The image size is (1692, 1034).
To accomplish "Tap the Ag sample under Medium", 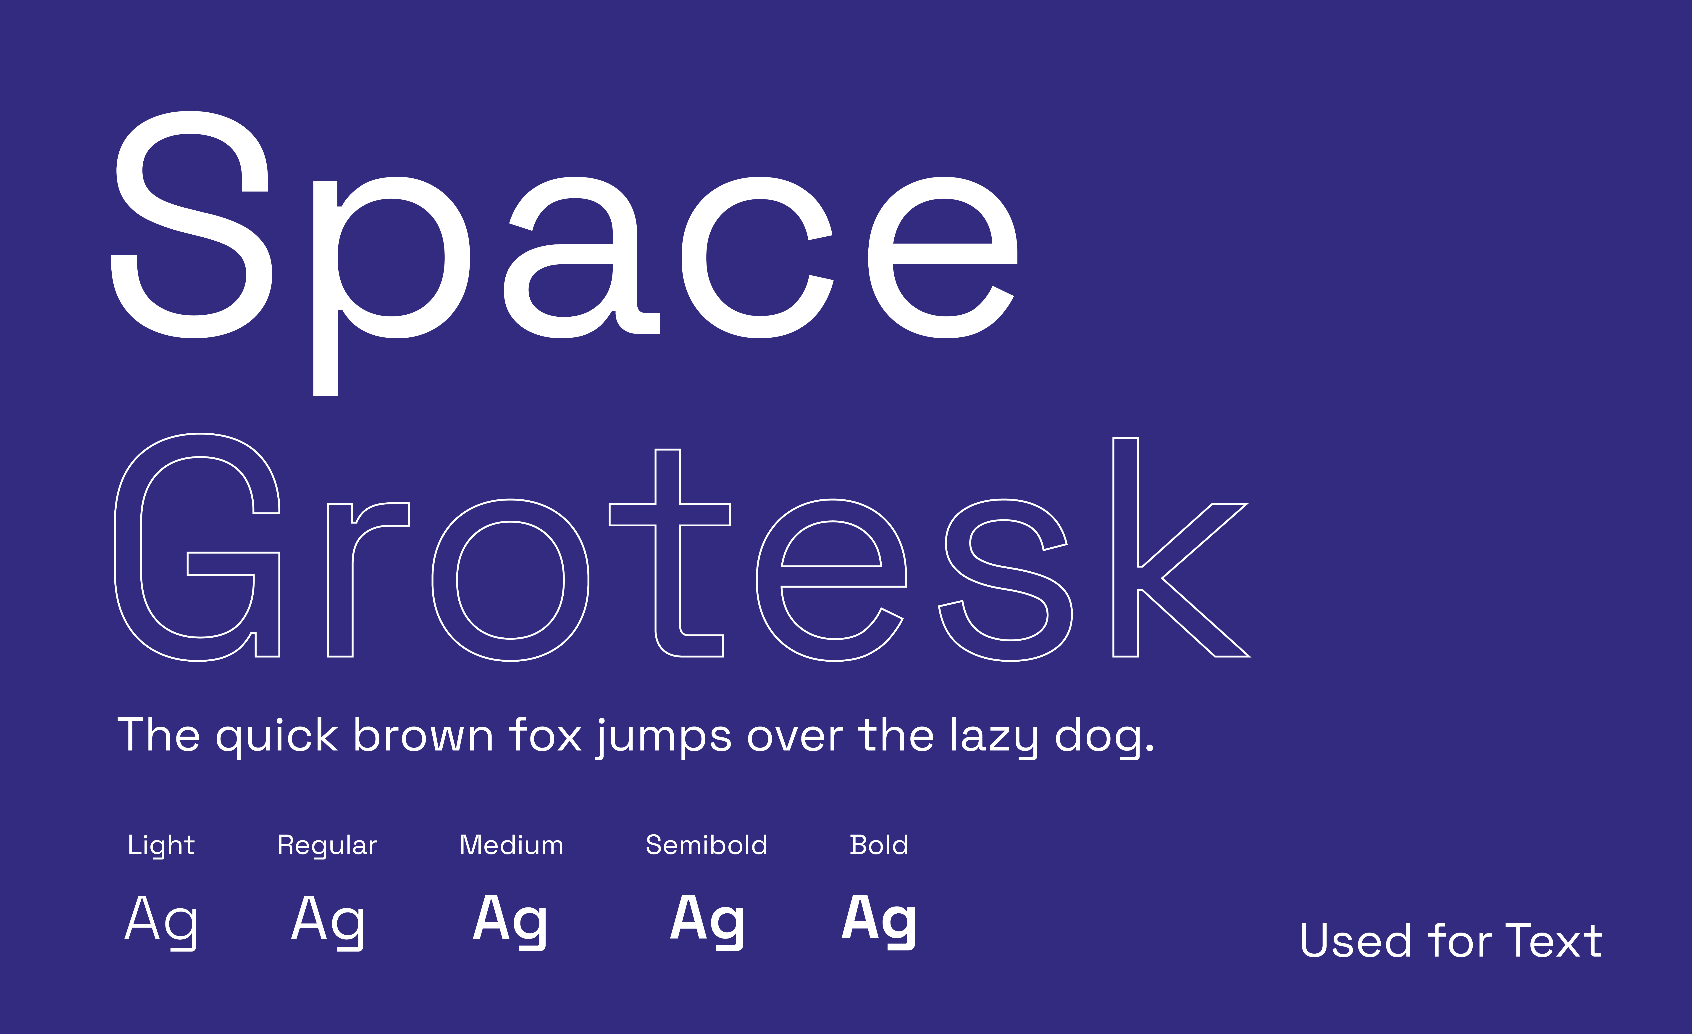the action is (x=510, y=921).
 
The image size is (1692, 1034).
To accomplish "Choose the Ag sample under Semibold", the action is (x=707, y=921).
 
